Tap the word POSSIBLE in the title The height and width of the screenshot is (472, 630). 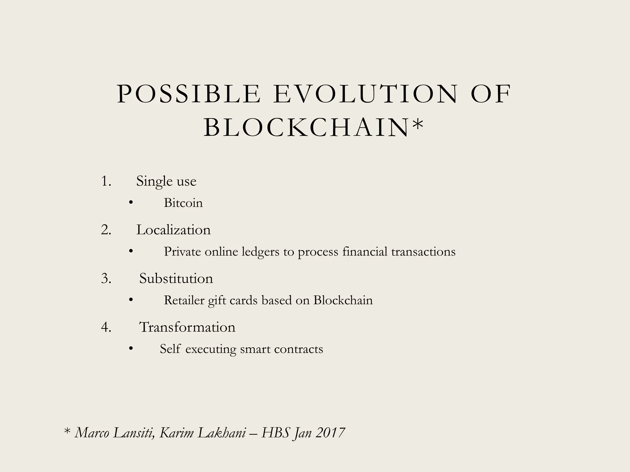point(189,94)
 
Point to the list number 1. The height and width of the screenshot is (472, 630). point(106,181)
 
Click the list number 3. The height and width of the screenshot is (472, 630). point(106,279)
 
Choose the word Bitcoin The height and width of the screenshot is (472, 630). point(183,203)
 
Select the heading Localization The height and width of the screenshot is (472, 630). point(173,230)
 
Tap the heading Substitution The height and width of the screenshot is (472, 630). point(176,279)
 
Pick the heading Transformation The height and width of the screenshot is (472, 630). point(187,327)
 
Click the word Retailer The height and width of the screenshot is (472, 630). point(184,300)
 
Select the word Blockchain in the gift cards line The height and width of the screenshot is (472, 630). point(343,300)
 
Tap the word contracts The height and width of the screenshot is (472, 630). point(298,349)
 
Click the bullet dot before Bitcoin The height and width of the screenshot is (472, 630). point(131,202)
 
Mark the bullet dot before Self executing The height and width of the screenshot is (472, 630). point(131,348)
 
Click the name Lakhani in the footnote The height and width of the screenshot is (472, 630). point(221,433)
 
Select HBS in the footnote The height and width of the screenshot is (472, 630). point(275,433)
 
